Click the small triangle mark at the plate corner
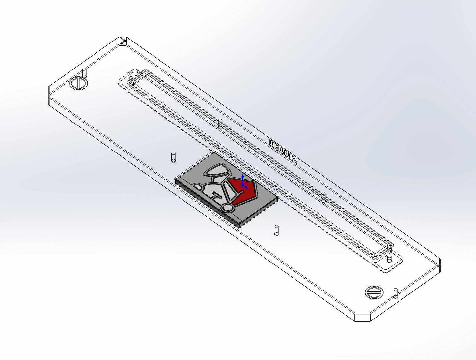[123, 41]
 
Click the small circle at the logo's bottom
[227, 207]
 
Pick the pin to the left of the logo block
[173, 157]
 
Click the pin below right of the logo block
[277, 230]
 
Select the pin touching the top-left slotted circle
[85, 73]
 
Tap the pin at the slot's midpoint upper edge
[220, 124]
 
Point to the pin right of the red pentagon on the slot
[323, 197]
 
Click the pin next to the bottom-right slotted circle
[396, 293]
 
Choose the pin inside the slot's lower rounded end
[389, 258]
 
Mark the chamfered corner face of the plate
[362, 317]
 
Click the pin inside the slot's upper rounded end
[131, 76]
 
